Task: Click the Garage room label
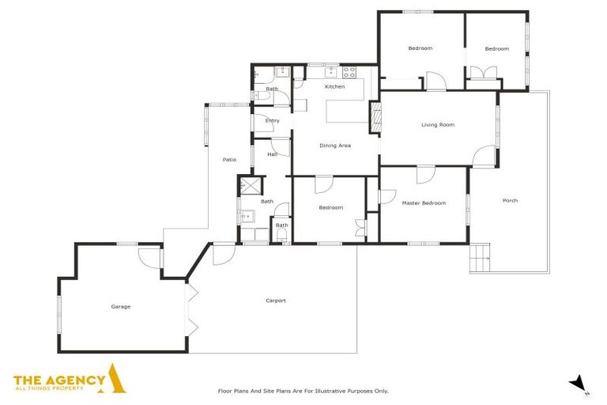[x=120, y=307]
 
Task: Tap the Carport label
[x=275, y=301]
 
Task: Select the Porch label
[x=510, y=200]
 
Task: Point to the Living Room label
[x=437, y=125]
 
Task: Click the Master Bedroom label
[x=424, y=203]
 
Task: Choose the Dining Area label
[x=334, y=146]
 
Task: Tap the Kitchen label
[x=334, y=86]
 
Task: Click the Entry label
[x=272, y=120]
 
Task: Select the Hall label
[x=272, y=154]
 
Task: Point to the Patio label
[x=229, y=160]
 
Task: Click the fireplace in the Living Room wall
[x=375, y=119]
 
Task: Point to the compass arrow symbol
[x=579, y=384]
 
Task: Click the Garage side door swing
[x=149, y=256]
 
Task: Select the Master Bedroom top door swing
[x=426, y=175]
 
